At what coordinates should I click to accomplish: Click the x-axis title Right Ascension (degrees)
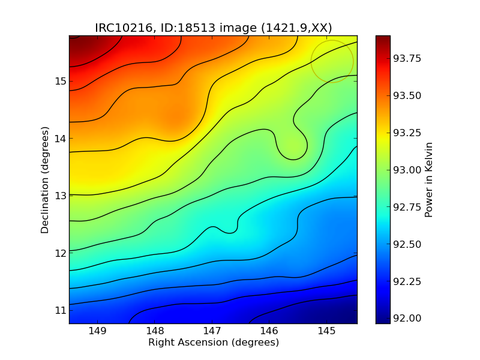[213, 343]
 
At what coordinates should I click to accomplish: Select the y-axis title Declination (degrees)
[44, 179]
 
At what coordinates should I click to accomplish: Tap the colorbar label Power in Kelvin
[428, 179]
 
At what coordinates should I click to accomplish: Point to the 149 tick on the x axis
[97, 331]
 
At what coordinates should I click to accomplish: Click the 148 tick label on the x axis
[155, 331]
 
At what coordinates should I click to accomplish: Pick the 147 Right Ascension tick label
[212, 331]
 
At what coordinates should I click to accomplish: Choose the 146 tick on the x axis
[269, 331]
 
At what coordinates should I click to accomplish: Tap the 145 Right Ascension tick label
[326, 331]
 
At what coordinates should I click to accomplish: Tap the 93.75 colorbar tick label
[407, 58]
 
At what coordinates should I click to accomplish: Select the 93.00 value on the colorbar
[407, 170]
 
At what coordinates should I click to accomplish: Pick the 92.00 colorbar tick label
[407, 318]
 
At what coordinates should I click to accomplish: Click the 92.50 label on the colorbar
[407, 244]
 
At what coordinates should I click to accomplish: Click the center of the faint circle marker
[332, 61]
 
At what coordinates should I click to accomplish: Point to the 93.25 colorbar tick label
[407, 133]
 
